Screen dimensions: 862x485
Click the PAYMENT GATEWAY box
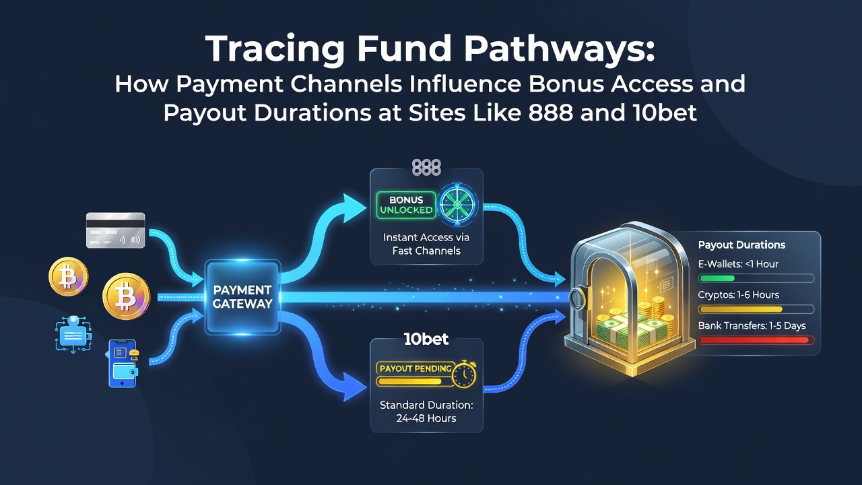point(242,296)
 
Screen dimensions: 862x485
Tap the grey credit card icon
point(115,230)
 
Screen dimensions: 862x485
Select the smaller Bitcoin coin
point(68,276)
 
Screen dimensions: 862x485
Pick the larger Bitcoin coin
point(126,296)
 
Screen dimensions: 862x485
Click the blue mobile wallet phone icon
point(123,363)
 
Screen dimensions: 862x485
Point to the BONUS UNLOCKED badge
point(406,205)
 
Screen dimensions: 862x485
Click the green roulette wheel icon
point(457,204)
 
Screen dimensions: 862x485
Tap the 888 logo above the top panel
point(426,168)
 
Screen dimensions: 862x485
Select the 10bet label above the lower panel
point(426,339)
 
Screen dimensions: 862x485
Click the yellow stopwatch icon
point(465,373)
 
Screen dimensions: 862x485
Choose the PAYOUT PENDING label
point(416,368)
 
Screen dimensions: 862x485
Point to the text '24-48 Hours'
point(426,418)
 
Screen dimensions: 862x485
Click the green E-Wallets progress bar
point(717,278)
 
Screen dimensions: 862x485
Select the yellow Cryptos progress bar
point(741,309)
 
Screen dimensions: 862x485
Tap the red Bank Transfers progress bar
point(754,340)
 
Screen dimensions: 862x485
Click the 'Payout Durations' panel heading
point(741,245)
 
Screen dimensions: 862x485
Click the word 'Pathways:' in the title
point(559,49)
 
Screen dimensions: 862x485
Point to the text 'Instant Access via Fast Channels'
point(426,244)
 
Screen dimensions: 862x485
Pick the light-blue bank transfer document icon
point(73,334)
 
